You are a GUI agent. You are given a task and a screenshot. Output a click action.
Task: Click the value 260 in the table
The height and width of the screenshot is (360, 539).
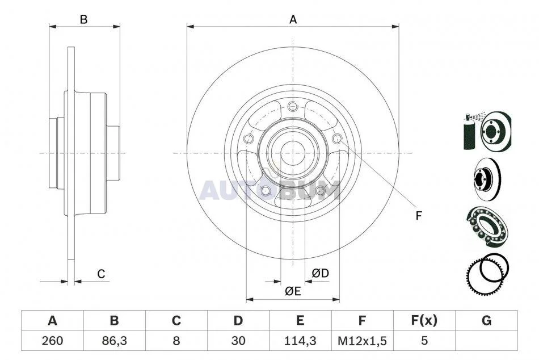[52, 341]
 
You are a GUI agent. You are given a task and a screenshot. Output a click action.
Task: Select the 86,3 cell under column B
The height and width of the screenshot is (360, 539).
[114, 341]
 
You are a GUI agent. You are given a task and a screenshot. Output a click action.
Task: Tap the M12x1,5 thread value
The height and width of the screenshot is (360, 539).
[362, 341]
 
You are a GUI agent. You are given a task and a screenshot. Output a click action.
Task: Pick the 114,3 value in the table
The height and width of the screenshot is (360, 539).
[300, 341]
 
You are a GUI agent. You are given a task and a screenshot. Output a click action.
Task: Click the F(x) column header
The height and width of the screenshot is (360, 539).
[424, 320]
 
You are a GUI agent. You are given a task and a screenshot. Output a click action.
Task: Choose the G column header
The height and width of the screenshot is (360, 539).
[486, 320]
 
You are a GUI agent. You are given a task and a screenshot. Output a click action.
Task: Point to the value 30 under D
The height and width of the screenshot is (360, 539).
[238, 341]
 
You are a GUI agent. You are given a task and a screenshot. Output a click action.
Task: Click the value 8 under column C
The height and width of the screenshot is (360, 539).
[176, 341]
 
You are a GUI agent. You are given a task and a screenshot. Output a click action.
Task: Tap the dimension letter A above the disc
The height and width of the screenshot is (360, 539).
[293, 19]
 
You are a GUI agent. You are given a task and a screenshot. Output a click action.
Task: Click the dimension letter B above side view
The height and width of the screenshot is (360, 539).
[83, 20]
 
